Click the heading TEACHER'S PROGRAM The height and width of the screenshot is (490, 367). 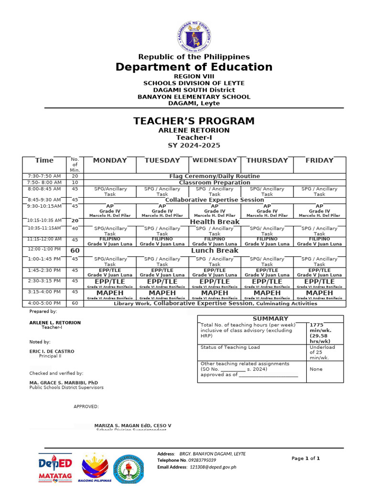194,121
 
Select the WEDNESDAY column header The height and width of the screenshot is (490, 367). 215,160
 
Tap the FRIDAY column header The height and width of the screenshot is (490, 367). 319,160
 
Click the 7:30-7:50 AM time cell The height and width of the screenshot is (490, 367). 44,176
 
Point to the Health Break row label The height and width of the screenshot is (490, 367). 215,222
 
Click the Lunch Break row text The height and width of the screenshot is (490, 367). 215,250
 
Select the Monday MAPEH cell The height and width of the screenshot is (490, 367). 110,294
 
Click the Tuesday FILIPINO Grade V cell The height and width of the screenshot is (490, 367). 162,241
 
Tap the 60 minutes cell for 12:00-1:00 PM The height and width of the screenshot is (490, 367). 75,251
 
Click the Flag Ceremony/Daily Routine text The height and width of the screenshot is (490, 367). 215,176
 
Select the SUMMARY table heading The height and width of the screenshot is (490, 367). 270,318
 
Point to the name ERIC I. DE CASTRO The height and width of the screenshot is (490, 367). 52,351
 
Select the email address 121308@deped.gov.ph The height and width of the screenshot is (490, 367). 213,467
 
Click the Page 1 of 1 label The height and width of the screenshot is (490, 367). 305,458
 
